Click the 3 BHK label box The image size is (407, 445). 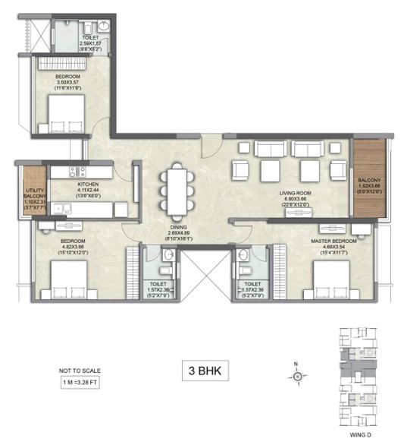(203, 372)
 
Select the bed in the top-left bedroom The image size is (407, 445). (66, 112)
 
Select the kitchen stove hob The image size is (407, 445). (75, 171)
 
